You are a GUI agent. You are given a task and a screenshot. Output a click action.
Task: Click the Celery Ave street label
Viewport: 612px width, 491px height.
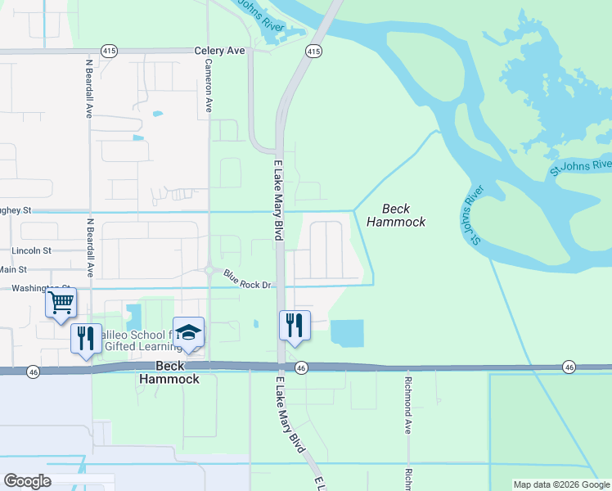[x=219, y=51]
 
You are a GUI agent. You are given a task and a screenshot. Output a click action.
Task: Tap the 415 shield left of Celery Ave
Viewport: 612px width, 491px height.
[x=109, y=51]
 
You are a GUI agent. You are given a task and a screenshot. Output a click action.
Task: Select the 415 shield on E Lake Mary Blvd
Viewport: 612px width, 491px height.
[x=313, y=51]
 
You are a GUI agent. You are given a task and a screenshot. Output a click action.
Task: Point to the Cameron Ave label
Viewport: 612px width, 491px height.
[x=209, y=85]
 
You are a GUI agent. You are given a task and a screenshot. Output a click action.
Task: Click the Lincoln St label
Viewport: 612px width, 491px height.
[x=31, y=250]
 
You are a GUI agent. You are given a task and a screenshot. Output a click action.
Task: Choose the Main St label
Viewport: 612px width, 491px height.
[x=12, y=269]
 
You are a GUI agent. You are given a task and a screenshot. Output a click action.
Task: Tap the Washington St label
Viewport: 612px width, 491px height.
[x=33, y=288]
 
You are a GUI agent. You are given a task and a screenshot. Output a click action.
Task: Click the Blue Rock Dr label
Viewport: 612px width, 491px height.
[x=246, y=284]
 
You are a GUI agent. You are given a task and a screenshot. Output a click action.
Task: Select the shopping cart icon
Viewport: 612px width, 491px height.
[x=61, y=303]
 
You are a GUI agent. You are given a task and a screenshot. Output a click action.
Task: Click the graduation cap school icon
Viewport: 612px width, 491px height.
[x=188, y=332]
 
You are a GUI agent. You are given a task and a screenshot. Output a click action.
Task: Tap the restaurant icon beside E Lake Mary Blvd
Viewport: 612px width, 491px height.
[x=295, y=325]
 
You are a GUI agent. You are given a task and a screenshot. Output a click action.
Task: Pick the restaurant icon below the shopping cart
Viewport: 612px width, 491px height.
[x=86, y=338]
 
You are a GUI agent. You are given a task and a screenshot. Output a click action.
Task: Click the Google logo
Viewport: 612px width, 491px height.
[x=27, y=481]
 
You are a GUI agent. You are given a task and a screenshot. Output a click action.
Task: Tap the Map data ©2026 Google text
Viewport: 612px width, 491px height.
[x=561, y=485]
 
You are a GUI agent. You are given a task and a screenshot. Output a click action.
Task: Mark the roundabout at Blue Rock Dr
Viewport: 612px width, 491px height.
[x=209, y=270]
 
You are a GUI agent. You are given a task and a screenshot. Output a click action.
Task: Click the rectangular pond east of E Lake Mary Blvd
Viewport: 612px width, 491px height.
[x=346, y=332]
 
